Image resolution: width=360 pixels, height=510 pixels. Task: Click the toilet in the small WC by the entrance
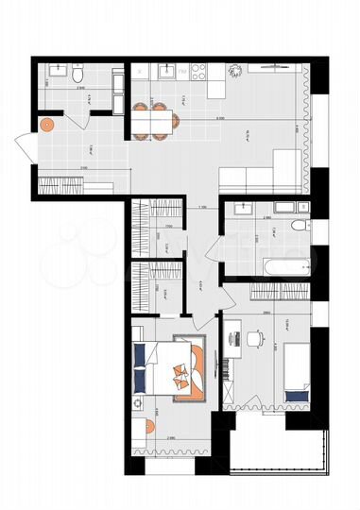point(81,72)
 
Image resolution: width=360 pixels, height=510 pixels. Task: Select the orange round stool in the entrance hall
point(45,123)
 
